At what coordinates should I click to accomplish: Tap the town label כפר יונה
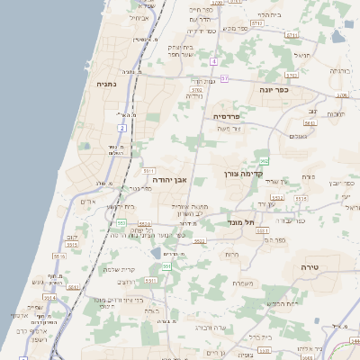click(x=274, y=90)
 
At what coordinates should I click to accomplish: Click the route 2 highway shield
click(x=121, y=129)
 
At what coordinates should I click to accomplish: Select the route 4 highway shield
click(x=214, y=61)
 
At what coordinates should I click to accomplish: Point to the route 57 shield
click(x=224, y=79)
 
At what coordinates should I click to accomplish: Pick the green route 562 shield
click(x=265, y=161)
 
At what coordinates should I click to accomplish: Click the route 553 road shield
click(x=121, y=222)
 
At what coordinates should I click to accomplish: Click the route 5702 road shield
click(x=197, y=91)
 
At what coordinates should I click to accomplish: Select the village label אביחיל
click(x=140, y=17)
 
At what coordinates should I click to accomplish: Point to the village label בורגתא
click(x=339, y=69)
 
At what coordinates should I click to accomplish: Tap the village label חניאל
click(x=301, y=55)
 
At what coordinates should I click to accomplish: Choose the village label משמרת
click(x=240, y=283)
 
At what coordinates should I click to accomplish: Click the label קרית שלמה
click(x=119, y=269)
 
